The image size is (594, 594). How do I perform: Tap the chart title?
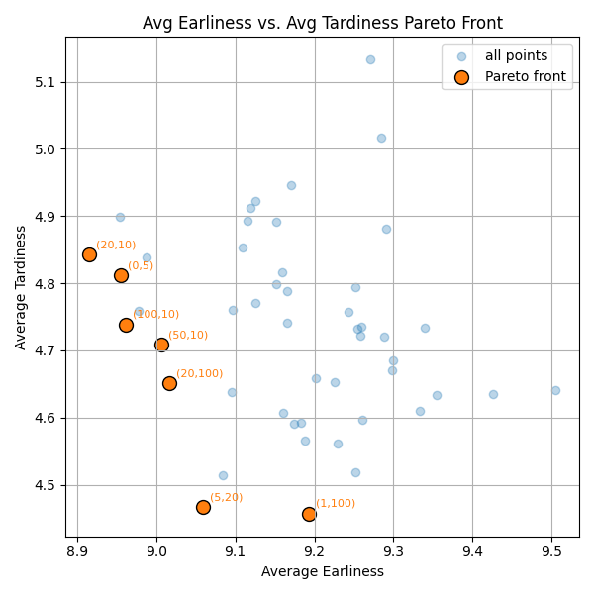pyautogui.click(x=322, y=23)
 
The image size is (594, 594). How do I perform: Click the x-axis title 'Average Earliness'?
pyautogui.click(x=322, y=571)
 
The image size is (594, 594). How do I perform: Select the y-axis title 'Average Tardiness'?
pyautogui.click(x=21, y=286)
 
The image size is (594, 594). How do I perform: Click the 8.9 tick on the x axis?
pyautogui.click(x=77, y=549)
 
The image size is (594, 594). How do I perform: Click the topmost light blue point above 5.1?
pyautogui.click(x=370, y=59)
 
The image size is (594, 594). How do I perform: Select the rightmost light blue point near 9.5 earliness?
pyautogui.click(x=555, y=390)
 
